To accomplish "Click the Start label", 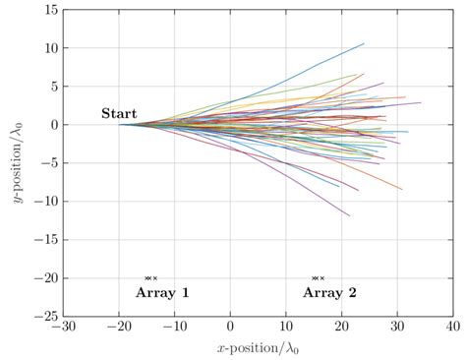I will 119,114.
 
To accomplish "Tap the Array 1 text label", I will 162,293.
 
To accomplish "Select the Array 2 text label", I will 329,293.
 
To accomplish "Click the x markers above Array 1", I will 150,278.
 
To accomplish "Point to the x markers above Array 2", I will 318,278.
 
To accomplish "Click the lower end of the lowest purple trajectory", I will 349,215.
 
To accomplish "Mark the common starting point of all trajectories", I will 120,124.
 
